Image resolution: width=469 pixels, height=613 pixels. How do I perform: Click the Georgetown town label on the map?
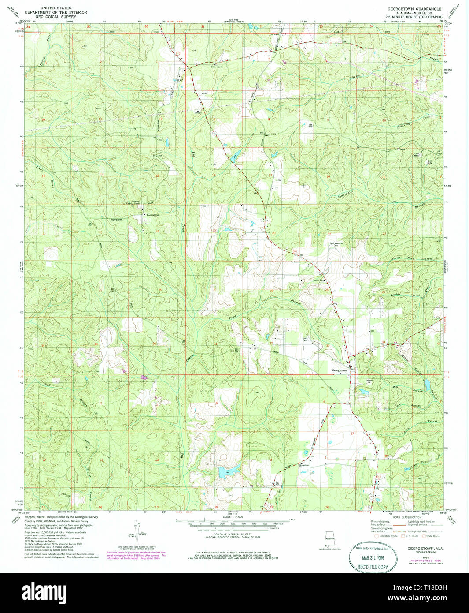tap(339, 370)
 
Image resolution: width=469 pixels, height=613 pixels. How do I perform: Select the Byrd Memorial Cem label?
tap(336, 244)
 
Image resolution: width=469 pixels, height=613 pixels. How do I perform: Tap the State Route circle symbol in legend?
tap(425, 536)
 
